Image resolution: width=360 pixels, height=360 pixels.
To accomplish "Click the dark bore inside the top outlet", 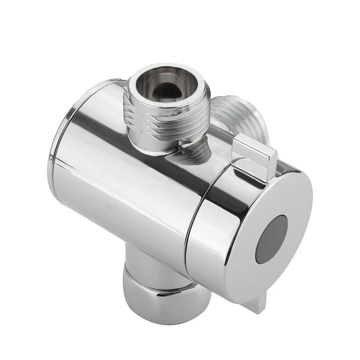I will [168, 90].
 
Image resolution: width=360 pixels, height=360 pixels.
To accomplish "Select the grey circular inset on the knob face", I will [271, 238].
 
